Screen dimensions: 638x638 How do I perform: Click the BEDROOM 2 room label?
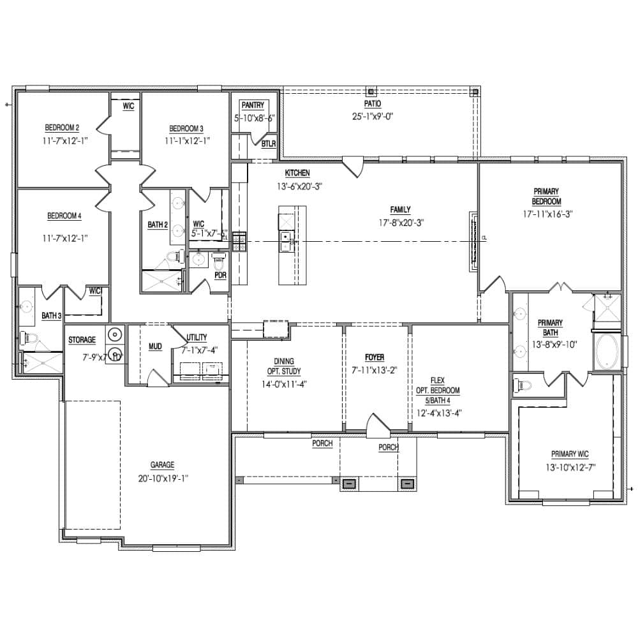point(62,127)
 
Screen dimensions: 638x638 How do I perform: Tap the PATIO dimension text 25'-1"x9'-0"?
point(373,116)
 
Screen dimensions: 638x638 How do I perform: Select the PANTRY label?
point(252,105)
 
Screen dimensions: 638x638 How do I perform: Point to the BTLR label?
point(268,144)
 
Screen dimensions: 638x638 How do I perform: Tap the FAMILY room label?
point(401,209)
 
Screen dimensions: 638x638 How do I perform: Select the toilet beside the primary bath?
point(524,385)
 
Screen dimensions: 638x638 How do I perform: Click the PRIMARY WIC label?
point(570,454)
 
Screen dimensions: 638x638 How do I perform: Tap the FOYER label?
point(375,357)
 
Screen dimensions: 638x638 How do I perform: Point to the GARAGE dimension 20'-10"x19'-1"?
point(163,478)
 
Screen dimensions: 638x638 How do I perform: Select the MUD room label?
point(155,346)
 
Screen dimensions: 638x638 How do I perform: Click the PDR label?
point(221,276)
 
